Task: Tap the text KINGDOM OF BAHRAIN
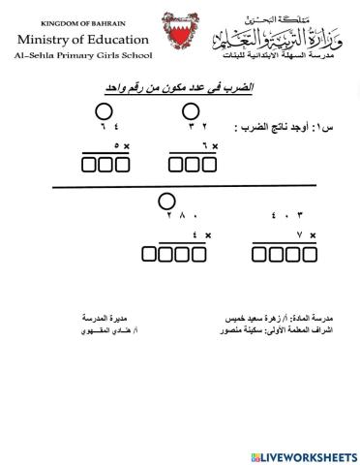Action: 81,23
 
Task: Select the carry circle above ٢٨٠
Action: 165,202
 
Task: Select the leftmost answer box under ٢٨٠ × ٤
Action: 150,256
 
